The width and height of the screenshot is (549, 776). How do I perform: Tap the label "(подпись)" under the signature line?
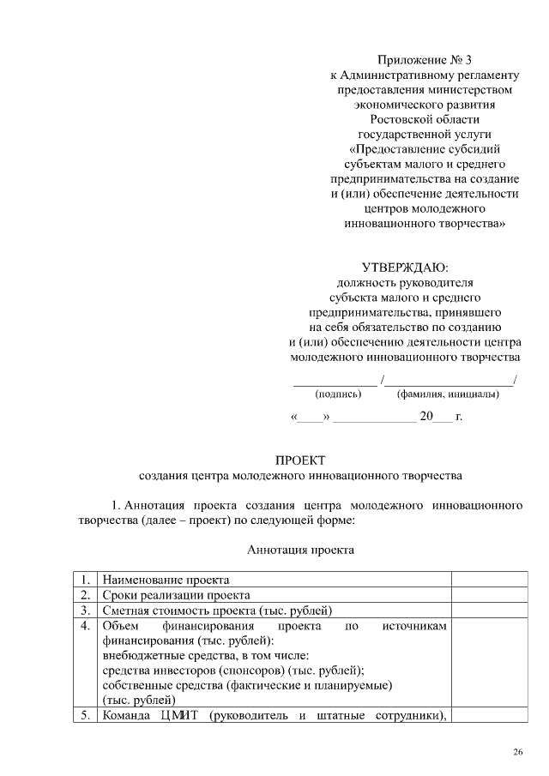tap(339, 394)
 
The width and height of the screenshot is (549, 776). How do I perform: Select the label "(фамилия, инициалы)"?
tap(448, 394)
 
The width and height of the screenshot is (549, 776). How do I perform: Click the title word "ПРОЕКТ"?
tap(300, 461)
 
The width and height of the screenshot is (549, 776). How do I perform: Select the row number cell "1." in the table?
tap(84, 579)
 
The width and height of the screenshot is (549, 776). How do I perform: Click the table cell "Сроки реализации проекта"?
tap(176, 594)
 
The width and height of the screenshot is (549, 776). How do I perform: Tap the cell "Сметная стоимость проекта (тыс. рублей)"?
tap(217, 611)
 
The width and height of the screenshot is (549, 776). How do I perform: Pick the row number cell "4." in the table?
tap(84, 627)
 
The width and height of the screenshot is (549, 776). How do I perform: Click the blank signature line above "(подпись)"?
tap(335, 381)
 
